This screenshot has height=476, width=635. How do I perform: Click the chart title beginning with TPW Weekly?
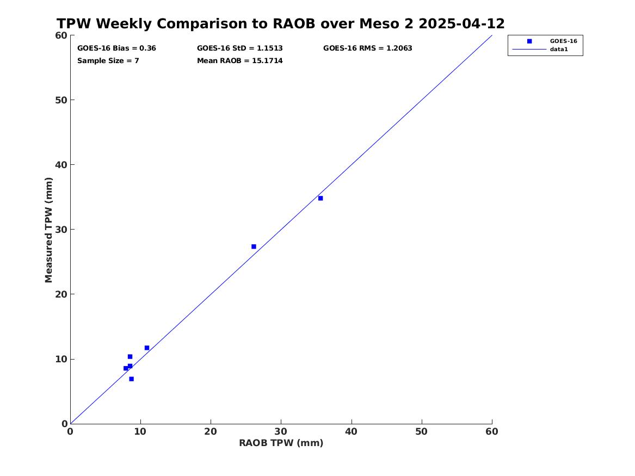(280, 23)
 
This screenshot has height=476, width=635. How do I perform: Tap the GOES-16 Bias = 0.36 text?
(116, 48)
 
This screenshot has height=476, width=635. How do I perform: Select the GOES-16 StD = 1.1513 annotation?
(240, 48)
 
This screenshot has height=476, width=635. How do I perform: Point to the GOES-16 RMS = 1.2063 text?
(368, 48)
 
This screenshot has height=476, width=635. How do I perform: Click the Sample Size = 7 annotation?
(108, 61)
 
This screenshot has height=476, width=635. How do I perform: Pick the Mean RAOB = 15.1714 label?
(240, 61)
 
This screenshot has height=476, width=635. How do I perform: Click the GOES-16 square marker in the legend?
(529, 41)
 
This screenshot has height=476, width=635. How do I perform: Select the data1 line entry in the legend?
(529, 50)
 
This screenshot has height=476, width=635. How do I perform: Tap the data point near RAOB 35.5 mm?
(320, 199)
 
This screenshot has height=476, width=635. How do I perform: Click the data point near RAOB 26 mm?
(254, 246)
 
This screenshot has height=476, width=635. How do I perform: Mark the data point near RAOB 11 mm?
(146, 348)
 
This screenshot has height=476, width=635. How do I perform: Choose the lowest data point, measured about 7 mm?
(131, 379)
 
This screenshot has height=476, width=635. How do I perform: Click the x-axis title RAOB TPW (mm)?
(281, 443)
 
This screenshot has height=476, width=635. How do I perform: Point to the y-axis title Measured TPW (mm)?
(48, 230)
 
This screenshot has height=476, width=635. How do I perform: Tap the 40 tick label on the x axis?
(351, 431)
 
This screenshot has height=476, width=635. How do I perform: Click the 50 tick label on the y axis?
(61, 100)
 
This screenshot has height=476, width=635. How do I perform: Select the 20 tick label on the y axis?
(61, 294)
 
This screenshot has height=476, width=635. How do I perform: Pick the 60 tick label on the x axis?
(492, 431)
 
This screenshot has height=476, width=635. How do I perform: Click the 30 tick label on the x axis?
(281, 431)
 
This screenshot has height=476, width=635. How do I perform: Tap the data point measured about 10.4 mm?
(130, 357)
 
